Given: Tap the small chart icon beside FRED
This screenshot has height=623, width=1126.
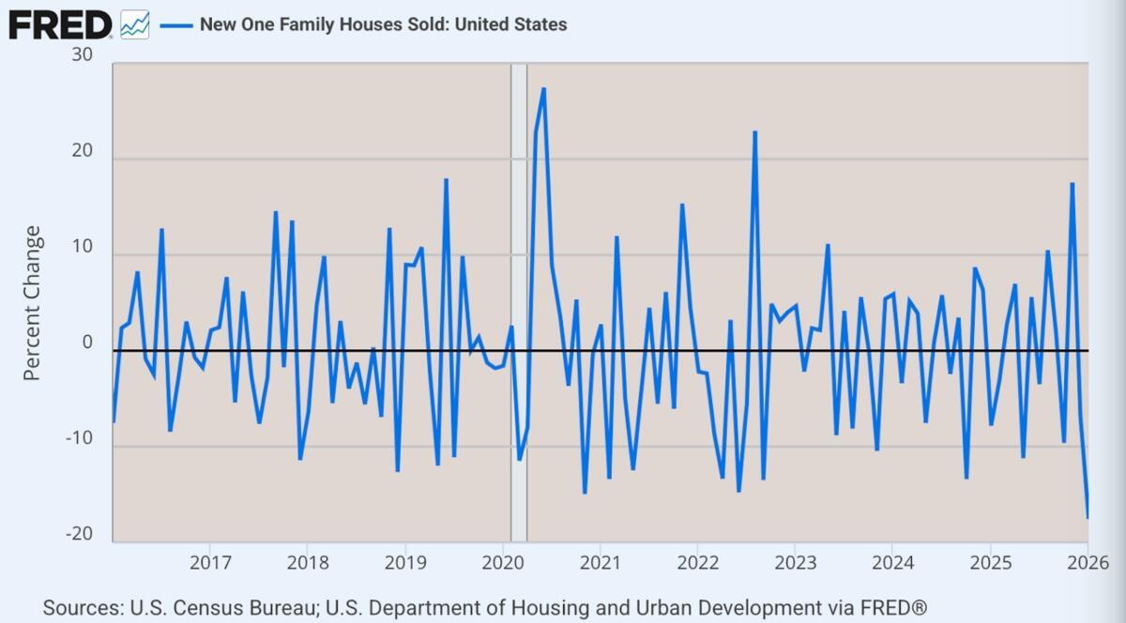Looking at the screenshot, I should point(134,24).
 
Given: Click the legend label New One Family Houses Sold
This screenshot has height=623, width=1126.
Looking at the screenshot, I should point(383,24).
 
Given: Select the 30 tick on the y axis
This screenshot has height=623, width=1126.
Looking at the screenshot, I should point(82,55).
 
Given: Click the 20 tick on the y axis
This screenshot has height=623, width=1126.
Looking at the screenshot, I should point(82,152).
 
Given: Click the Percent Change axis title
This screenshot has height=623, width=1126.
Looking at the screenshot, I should point(32,303).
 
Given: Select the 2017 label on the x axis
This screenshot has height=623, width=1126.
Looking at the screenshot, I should point(209,563).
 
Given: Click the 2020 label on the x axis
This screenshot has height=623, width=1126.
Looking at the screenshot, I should point(502,563).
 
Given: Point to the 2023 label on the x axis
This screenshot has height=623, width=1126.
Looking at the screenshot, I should point(795,563).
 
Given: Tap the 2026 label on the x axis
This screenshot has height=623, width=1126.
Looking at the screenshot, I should point(1088,563).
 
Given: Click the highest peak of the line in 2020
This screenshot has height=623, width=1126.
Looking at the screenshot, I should point(543,89).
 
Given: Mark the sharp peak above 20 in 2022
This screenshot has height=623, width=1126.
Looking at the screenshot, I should point(754,132).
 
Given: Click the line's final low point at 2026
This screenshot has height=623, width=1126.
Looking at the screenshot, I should point(1088,517).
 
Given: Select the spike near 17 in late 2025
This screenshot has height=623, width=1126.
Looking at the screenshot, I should point(1072,184).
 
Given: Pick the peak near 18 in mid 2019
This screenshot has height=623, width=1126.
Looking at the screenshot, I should point(446,179).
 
